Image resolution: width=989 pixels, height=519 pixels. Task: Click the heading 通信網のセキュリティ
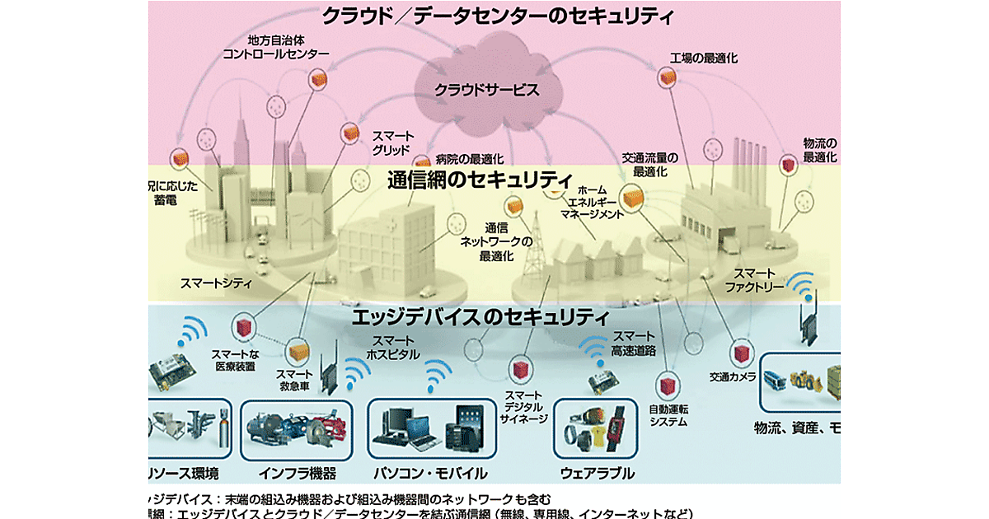[480, 179]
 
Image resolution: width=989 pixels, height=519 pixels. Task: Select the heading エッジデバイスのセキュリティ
[480, 316]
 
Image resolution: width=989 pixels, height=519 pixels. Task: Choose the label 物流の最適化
[819, 149]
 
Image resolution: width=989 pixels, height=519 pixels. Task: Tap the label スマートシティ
[217, 283]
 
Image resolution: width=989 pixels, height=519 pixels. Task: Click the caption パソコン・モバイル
[429, 474]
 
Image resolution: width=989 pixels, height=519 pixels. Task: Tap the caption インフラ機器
[298, 474]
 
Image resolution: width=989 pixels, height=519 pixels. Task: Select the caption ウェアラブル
[597, 473]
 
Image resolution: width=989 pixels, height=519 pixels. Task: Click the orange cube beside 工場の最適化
[666, 77]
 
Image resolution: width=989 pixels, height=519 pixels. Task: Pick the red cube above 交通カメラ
[743, 353]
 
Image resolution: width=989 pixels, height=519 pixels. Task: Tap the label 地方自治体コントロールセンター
[276, 46]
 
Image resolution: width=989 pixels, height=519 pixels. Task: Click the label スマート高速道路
[634, 343]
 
